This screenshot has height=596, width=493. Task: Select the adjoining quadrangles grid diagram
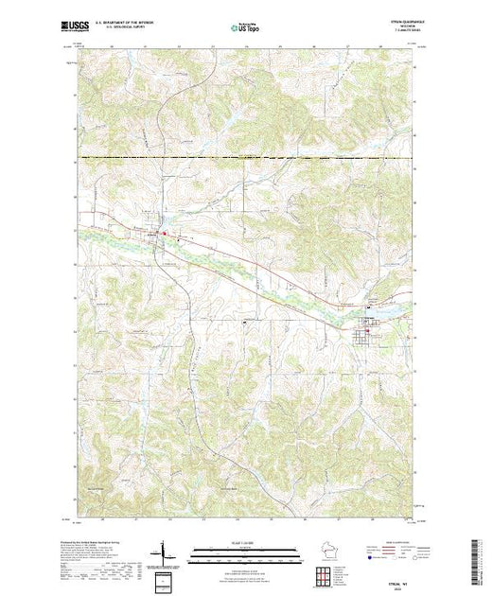(326, 573)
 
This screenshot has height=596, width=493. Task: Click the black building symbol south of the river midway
(245, 324)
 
